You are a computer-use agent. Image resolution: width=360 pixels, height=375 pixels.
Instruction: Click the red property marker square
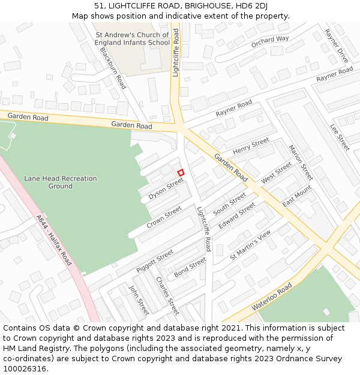pos(181,172)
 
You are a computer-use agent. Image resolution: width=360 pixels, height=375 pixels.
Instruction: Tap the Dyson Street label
pos(166,188)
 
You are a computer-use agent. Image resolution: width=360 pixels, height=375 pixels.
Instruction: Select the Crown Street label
pos(164,217)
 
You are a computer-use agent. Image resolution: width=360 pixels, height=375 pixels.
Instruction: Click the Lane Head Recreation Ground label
pos(60,182)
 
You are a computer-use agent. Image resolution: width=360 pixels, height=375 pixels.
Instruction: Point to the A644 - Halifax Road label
pos(53,240)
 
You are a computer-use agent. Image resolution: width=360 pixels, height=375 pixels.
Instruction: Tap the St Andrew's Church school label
pos(133,39)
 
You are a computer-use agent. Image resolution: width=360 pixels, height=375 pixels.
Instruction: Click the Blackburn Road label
pos(113,68)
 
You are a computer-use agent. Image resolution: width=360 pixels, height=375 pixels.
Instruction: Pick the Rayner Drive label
pos(336,46)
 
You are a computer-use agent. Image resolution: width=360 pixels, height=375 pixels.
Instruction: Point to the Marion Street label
pos(301,162)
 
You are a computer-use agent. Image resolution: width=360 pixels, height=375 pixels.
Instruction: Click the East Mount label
pos(298,196)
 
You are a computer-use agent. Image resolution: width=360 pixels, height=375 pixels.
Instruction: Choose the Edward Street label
pos(237,215)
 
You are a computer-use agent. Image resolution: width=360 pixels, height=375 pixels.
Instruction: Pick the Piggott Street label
pos(155,262)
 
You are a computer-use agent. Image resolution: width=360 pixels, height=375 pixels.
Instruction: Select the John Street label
pos(139,300)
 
